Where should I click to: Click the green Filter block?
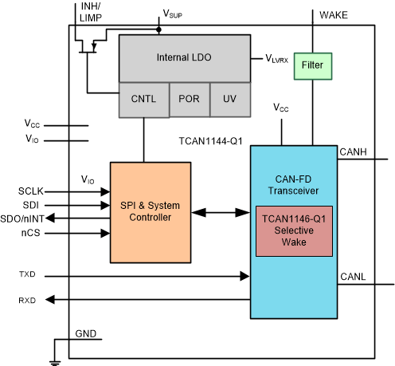pyautogui.click(x=312, y=65)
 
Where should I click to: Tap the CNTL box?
pyautogui.click(x=143, y=99)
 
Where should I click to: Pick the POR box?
pyautogui.click(x=189, y=99)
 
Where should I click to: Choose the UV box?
pyautogui.click(x=229, y=99)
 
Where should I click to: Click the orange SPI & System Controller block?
pyautogui.click(x=151, y=212)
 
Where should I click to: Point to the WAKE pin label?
pyautogui.click(x=332, y=14)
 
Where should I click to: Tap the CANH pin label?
pyautogui.click(x=354, y=151)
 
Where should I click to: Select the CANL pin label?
pyautogui.click(x=354, y=276)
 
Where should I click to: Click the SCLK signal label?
pyautogui.click(x=33, y=191)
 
